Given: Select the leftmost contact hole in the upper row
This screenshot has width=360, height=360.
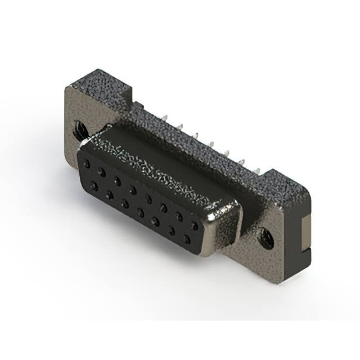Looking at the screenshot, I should [85, 163].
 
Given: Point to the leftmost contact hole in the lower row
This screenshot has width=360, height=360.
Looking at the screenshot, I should [92, 184].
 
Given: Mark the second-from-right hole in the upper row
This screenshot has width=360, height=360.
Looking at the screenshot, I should [179, 217].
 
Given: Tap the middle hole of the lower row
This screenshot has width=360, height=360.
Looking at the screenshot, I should [139, 212].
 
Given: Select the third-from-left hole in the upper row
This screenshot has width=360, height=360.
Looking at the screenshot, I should [116, 180].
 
